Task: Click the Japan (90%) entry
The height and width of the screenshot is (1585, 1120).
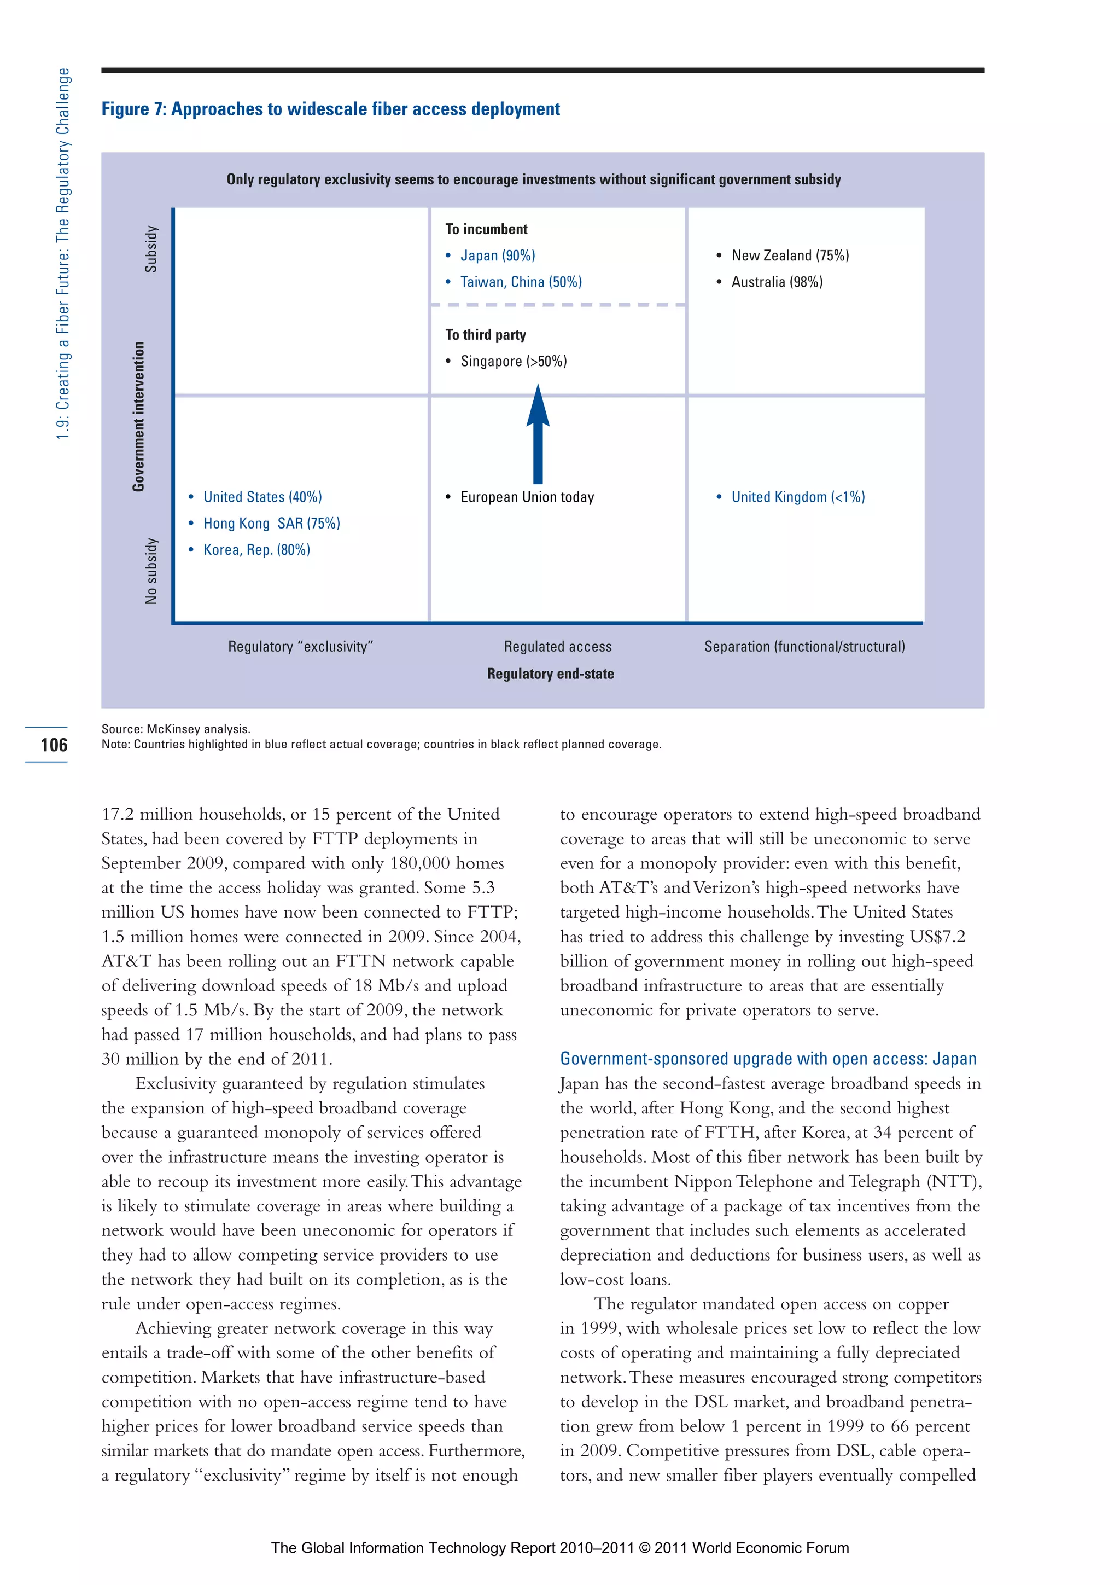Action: [x=497, y=256]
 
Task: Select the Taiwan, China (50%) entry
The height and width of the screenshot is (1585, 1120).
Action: [x=520, y=282]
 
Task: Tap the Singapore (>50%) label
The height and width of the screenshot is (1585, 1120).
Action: [x=513, y=361]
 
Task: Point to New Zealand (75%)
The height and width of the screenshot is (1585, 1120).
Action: [x=790, y=256]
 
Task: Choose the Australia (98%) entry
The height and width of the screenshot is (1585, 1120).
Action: [x=777, y=282]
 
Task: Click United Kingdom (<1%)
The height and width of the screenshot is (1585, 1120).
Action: [x=797, y=497]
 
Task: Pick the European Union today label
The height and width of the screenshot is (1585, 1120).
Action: [x=527, y=497]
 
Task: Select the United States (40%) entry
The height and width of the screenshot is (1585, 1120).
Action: [x=262, y=497]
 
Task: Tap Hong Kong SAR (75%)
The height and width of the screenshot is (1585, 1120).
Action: [x=271, y=523]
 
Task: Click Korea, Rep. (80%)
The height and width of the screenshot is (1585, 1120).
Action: [x=256, y=549]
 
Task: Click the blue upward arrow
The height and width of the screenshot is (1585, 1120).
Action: [x=538, y=435]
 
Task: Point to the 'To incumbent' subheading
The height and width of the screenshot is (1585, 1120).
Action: [x=486, y=229]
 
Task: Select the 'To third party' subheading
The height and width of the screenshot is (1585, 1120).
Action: [x=485, y=335]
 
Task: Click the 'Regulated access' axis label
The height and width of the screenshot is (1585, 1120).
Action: [x=558, y=647]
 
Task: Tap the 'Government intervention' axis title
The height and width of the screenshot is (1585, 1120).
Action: [x=139, y=416]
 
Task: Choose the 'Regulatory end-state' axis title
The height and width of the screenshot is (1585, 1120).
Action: [x=550, y=674]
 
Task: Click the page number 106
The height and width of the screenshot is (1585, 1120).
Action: [x=54, y=745]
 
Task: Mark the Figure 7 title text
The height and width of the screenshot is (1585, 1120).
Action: [x=330, y=109]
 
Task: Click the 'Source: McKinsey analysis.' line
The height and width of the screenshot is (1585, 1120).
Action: [x=176, y=729]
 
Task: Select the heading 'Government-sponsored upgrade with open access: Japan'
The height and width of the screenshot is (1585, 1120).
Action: [x=768, y=1059]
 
